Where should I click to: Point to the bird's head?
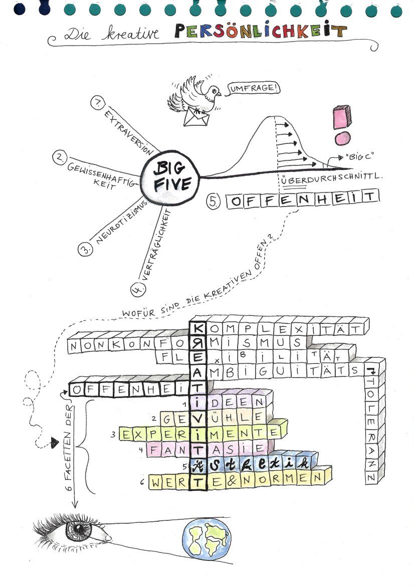[213, 91]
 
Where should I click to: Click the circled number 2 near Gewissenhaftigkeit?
[59, 158]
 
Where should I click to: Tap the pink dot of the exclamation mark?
[342, 139]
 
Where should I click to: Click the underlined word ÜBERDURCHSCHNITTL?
[330, 177]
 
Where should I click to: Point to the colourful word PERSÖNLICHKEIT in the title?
[261, 32]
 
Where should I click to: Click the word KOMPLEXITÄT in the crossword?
[284, 329]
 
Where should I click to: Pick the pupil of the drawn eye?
[80, 529]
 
